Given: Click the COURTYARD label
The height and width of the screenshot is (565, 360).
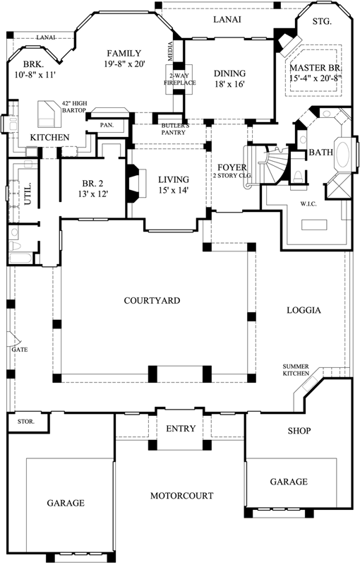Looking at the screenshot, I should coord(152,300).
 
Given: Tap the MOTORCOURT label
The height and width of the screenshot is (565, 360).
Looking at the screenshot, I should coord(181,496).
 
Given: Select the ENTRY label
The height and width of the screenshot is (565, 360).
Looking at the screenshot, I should coord(181,429).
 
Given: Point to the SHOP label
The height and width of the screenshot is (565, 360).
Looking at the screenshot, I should coord(299,431).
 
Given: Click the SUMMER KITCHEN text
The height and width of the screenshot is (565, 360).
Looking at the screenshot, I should coord(296,369).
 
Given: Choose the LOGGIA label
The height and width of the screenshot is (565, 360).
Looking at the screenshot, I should coord(304,310).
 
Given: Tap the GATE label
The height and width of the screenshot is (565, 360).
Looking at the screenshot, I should coord(18,349).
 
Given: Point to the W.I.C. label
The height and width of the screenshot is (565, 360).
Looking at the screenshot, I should coord(308,206).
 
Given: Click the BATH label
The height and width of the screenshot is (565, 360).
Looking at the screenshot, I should coord(320,152).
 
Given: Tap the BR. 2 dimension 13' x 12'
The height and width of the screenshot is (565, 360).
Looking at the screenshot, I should coord(93,194).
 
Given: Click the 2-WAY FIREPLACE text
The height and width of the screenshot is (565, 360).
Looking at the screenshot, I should coord(176,80).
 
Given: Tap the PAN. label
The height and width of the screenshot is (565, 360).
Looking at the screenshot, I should coord(107,125).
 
